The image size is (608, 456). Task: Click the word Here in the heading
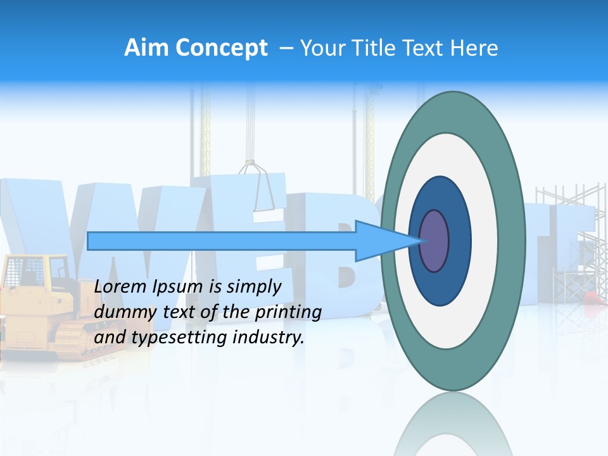point(474,48)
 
